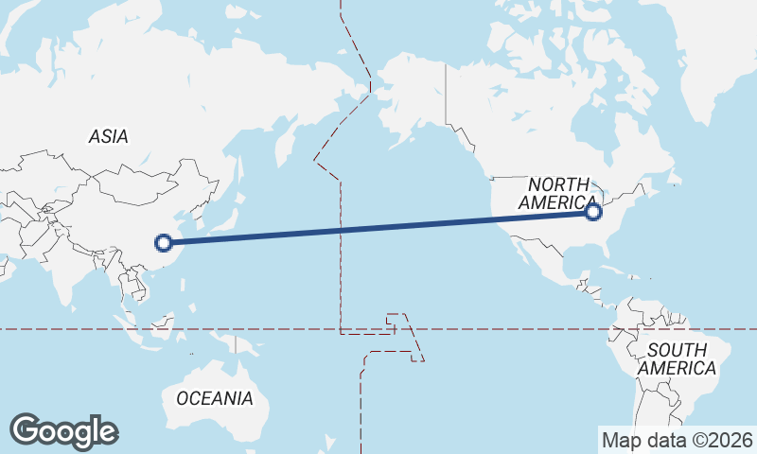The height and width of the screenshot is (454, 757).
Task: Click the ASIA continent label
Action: [x=109, y=137]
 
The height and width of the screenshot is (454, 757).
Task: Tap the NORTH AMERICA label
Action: [x=558, y=194]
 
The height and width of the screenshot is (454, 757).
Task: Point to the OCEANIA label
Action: [x=215, y=398]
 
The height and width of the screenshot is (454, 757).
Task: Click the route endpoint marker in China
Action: [x=164, y=242]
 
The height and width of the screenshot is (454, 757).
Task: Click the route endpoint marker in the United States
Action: [x=593, y=212]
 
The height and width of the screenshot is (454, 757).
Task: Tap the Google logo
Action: [x=63, y=431]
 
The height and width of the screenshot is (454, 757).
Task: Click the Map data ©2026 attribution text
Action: [x=678, y=440]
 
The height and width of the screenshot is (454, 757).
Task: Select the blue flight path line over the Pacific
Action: [x=378, y=227]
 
